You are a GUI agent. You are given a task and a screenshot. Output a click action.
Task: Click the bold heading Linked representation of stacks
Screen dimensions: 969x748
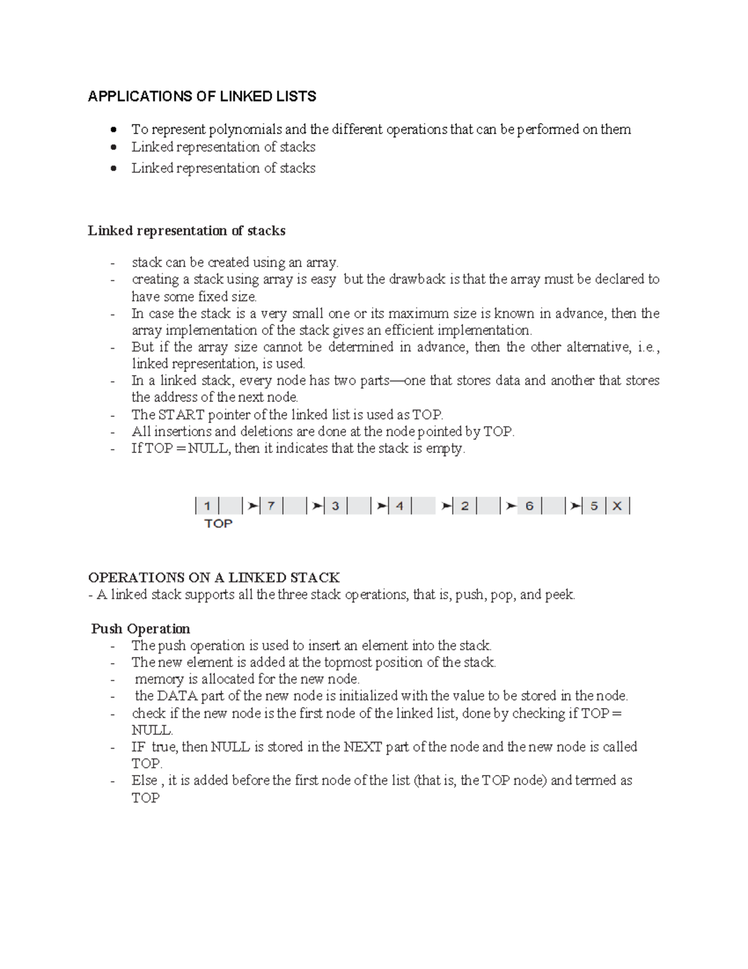(x=186, y=231)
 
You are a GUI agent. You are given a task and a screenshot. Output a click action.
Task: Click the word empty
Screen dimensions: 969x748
(x=445, y=449)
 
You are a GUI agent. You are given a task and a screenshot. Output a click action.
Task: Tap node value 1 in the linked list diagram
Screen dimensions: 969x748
(x=207, y=506)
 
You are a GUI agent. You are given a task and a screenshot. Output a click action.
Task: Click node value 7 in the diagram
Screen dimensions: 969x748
(x=271, y=506)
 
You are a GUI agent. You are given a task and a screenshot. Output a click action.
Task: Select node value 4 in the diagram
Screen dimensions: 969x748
(x=400, y=506)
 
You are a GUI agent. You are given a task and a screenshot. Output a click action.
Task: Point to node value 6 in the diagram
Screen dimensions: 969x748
(x=529, y=506)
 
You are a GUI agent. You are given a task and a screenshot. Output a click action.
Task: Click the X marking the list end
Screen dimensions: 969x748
(x=617, y=506)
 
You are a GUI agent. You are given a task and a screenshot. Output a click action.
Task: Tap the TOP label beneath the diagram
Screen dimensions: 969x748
(x=218, y=523)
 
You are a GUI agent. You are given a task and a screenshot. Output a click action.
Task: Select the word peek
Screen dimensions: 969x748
(x=559, y=595)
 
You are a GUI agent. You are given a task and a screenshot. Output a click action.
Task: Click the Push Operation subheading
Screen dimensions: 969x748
(x=141, y=628)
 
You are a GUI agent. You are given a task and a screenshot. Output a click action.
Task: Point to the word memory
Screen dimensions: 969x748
(x=159, y=679)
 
